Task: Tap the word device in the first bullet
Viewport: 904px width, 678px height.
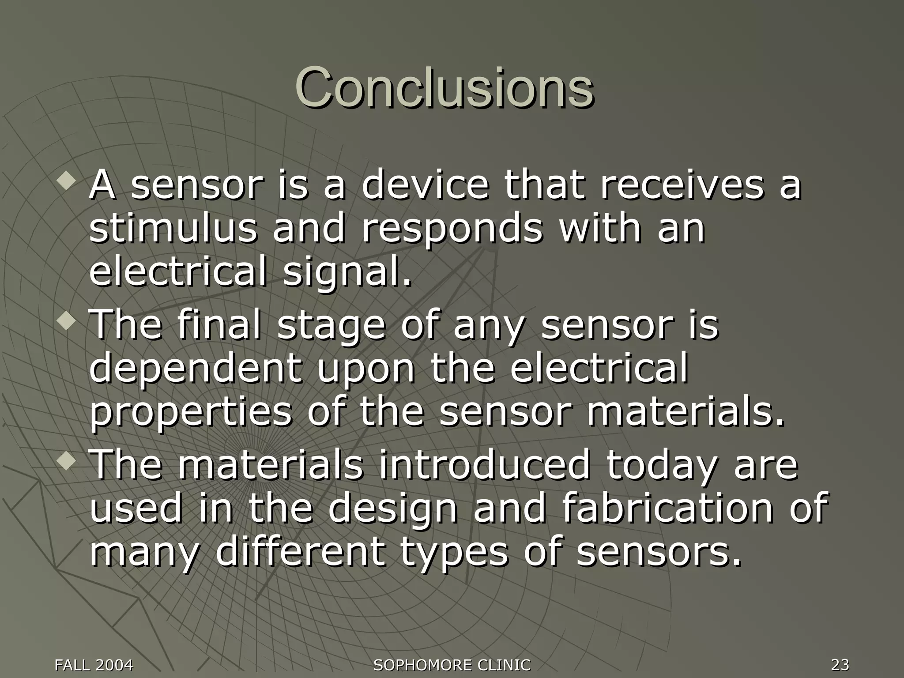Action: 425,185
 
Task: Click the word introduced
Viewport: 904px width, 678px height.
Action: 484,465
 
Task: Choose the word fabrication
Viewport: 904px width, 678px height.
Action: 667,508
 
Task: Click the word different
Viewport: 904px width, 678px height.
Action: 299,552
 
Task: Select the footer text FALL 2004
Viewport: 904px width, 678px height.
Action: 94,665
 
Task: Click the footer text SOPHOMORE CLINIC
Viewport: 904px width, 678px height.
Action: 452,665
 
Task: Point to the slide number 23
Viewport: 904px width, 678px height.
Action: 840,664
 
